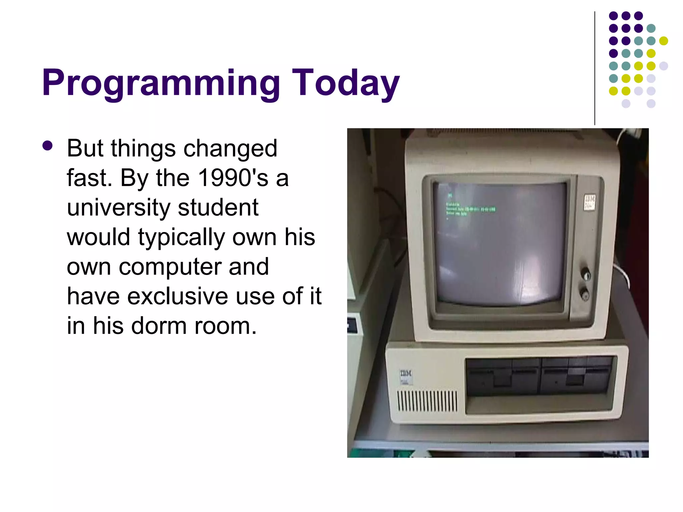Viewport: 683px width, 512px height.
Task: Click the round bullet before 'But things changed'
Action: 48,146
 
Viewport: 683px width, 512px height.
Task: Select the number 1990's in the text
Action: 233,178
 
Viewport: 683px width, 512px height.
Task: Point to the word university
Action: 118,207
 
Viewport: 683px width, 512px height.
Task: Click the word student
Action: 218,207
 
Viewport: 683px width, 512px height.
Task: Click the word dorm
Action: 159,326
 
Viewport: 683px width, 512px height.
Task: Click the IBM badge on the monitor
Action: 590,202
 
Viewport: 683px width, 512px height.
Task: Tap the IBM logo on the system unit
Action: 406,374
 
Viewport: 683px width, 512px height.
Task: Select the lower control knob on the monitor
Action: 585,294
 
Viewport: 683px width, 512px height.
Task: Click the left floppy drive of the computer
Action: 502,376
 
